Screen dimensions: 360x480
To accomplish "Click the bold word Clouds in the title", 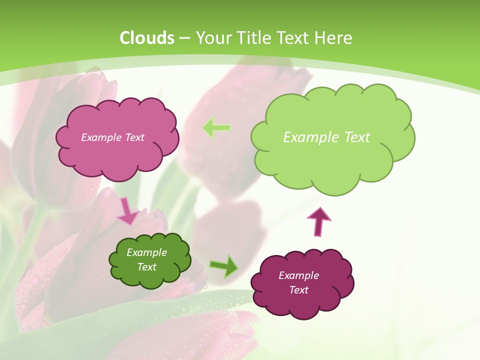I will (147, 38).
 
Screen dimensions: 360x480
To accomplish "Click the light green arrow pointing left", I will (216, 128).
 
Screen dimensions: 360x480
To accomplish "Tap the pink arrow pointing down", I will (127, 211).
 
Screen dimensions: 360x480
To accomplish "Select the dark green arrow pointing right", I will (223, 266).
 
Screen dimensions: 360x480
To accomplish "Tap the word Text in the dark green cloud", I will (147, 267).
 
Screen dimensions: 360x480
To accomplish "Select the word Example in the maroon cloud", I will (298, 275).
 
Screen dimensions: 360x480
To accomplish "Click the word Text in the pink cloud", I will (133, 137).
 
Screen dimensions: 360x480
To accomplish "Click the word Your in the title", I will (211, 38).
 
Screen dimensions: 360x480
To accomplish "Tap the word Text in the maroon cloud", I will (298, 290).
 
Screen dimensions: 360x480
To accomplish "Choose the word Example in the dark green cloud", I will (146, 252).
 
